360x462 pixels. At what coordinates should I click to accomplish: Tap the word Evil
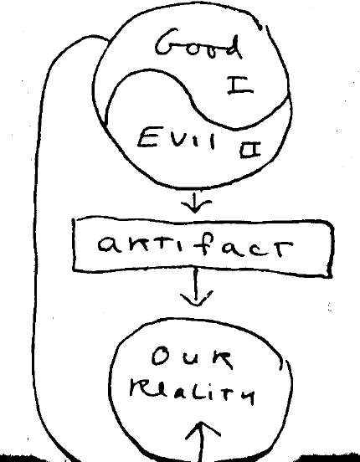pyautogui.click(x=177, y=138)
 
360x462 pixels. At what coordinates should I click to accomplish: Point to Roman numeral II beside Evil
pyautogui.click(x=250, y=150)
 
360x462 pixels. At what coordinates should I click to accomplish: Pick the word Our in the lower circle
pyautogui.click(x=193, y=358)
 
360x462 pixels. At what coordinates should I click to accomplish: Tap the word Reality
pyautogui.click(x=193, y=392)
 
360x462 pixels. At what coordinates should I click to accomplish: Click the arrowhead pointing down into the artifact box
pyautogui.click(x=195, y=205)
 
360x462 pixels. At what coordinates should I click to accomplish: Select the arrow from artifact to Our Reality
pyautogui.click(x=196, y=287)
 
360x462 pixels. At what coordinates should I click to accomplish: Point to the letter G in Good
pyautogui.click(x=167, y=42)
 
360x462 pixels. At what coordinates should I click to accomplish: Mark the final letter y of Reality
pyautogui.click(x=247, y=396)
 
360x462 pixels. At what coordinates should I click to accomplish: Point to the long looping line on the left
pyautogui.click(x=35, y=236)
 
